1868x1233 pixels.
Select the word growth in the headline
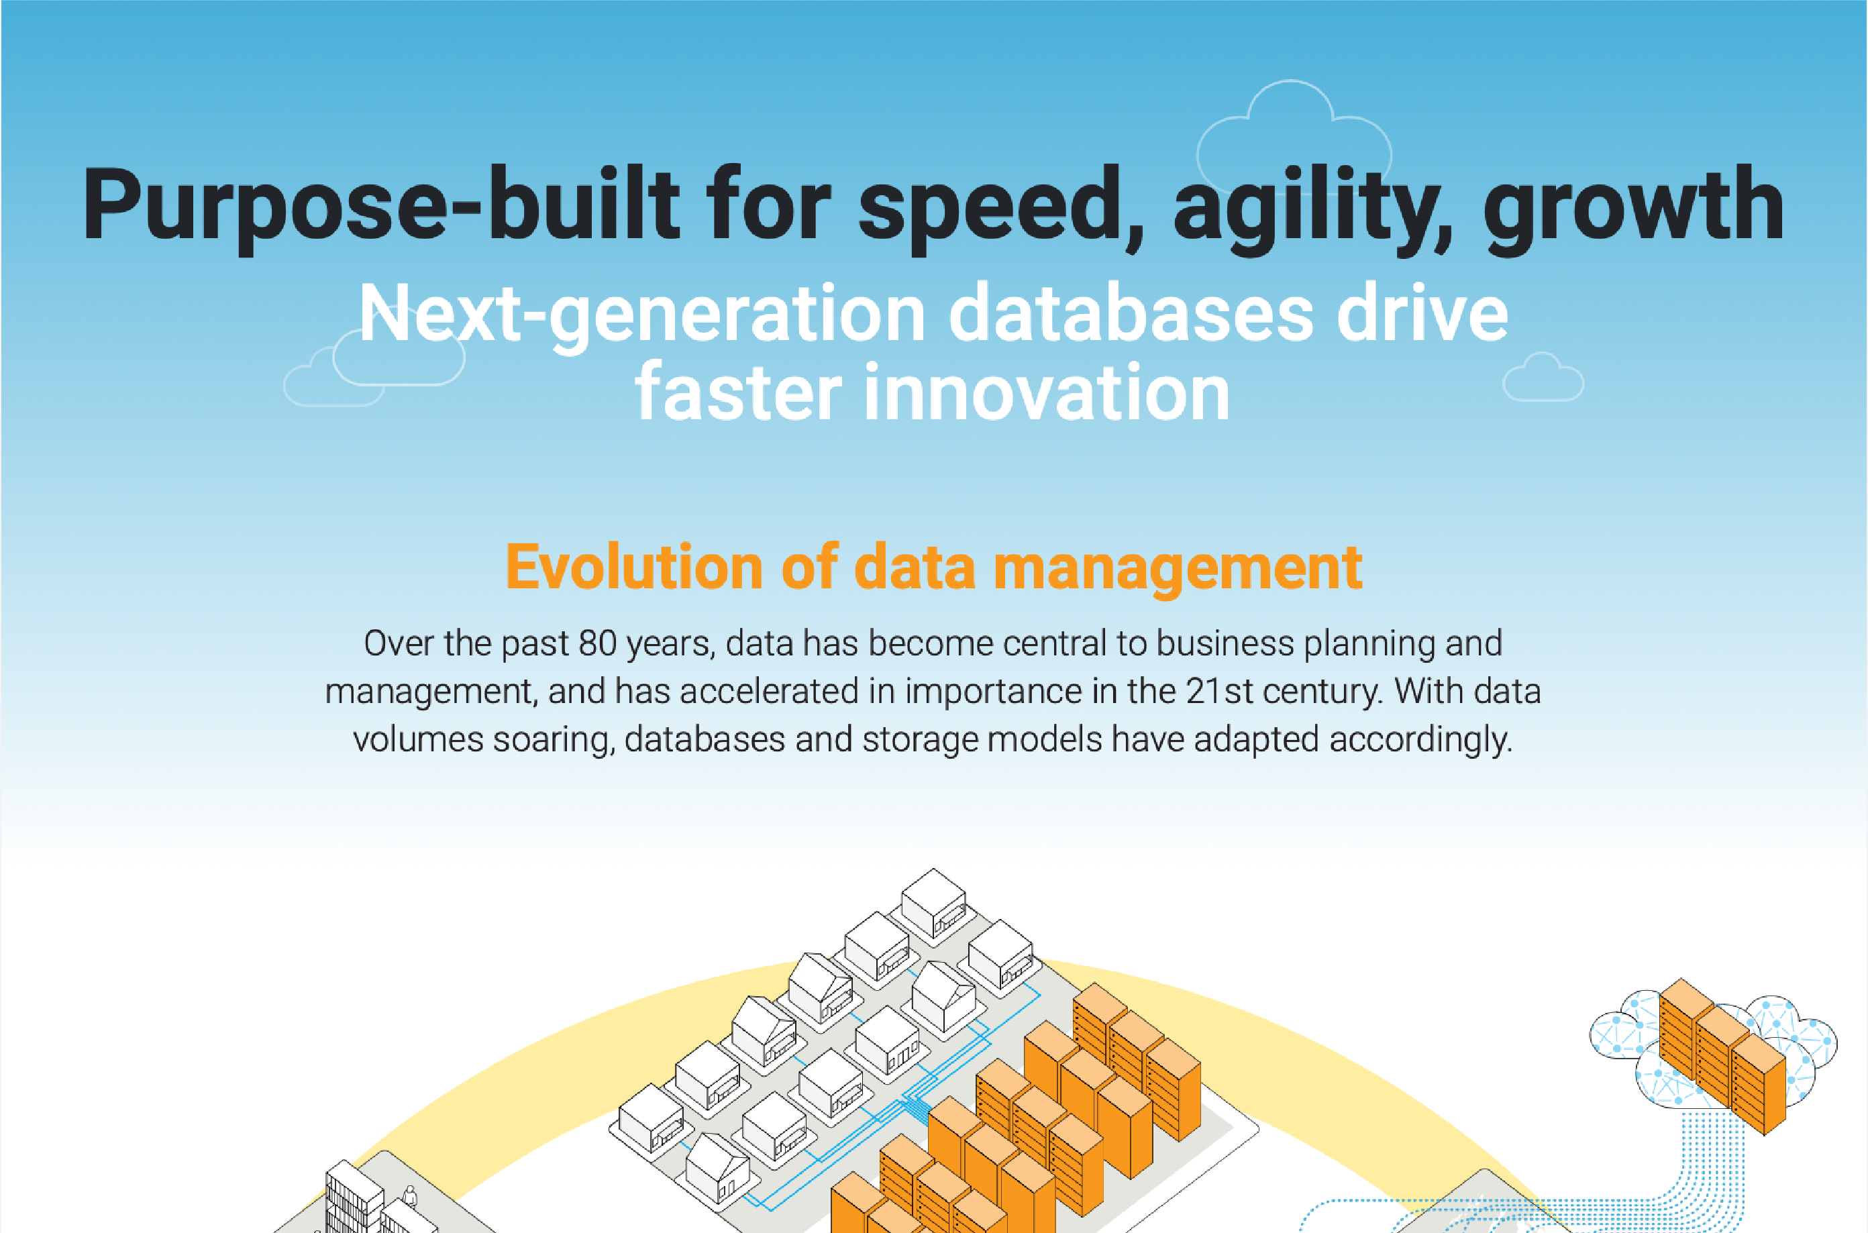1634,206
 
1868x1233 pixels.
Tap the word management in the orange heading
1178,568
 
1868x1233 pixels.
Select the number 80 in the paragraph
597,643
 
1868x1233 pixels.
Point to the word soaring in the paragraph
554,740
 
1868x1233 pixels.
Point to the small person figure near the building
409,1197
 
